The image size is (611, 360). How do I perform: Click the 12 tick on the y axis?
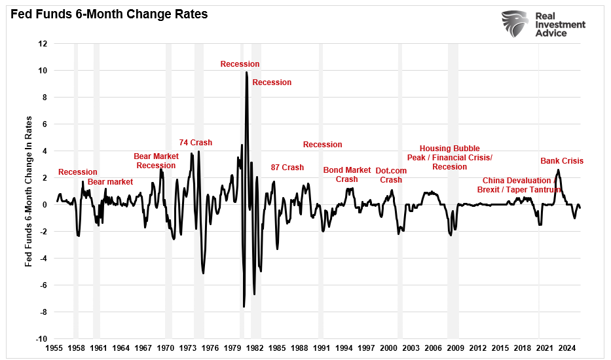click(x=43, y=44)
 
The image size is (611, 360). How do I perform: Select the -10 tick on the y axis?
click(x=41, y=339)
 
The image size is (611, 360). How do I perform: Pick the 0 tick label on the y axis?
click(x=45, y=205)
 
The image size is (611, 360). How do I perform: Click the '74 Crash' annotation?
click(x=196, y=143)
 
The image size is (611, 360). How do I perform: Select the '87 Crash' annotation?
click(x=287, y=168)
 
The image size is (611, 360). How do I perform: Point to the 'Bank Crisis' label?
click(x=561, y=161)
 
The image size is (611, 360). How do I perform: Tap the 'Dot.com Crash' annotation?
click(x=391, y=175)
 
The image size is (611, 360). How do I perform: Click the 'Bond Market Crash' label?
click(x=346, y=175)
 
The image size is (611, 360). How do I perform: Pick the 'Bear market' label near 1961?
click(x=110, y=182)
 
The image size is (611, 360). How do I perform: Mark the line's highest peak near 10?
click(x=246, y=72)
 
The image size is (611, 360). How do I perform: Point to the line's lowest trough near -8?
click(x=244, y=306)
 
